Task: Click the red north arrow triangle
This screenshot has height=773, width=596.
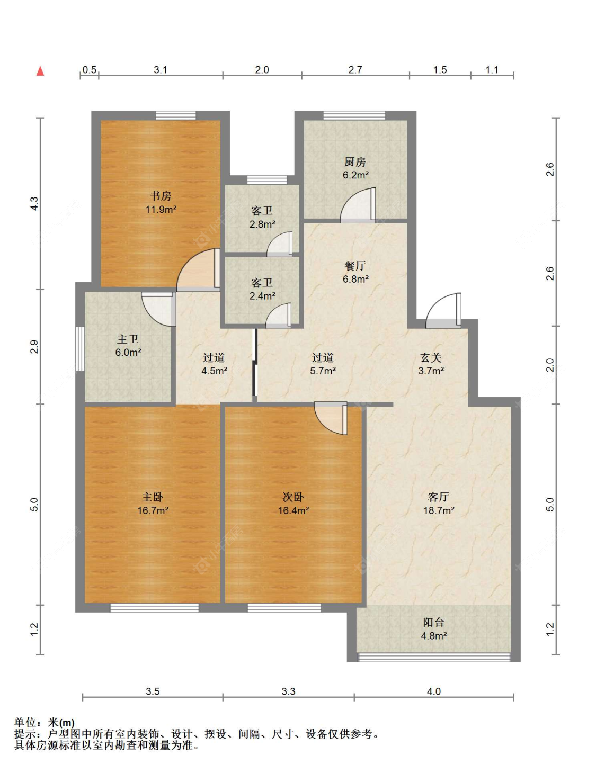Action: pos(40,71)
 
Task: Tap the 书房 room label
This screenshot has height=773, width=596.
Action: pos(161,196)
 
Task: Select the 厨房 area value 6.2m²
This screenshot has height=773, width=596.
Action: pos(355,175)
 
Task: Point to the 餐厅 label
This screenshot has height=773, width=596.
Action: pos(355,266)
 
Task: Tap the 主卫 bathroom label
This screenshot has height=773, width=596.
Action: pos(128,339)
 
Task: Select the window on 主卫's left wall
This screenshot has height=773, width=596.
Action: pos(81,348)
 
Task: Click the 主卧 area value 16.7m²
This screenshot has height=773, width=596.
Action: pos(153,511)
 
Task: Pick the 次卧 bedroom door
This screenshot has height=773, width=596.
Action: pos(331,418)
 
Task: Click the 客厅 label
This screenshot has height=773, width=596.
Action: pos(439,497)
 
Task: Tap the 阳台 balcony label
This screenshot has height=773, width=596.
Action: pos(434,622)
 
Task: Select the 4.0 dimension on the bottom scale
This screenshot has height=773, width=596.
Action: pos(434,691)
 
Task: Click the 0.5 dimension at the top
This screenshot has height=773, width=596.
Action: pos(90,70)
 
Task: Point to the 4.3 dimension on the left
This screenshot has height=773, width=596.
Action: pos(34,203)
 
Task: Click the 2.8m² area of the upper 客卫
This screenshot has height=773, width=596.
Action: pos(262,224)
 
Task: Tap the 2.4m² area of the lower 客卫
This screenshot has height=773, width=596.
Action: pos(262,295)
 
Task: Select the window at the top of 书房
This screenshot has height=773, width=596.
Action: pos(176,115)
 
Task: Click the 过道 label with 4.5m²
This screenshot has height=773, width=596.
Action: pos(214,357)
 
